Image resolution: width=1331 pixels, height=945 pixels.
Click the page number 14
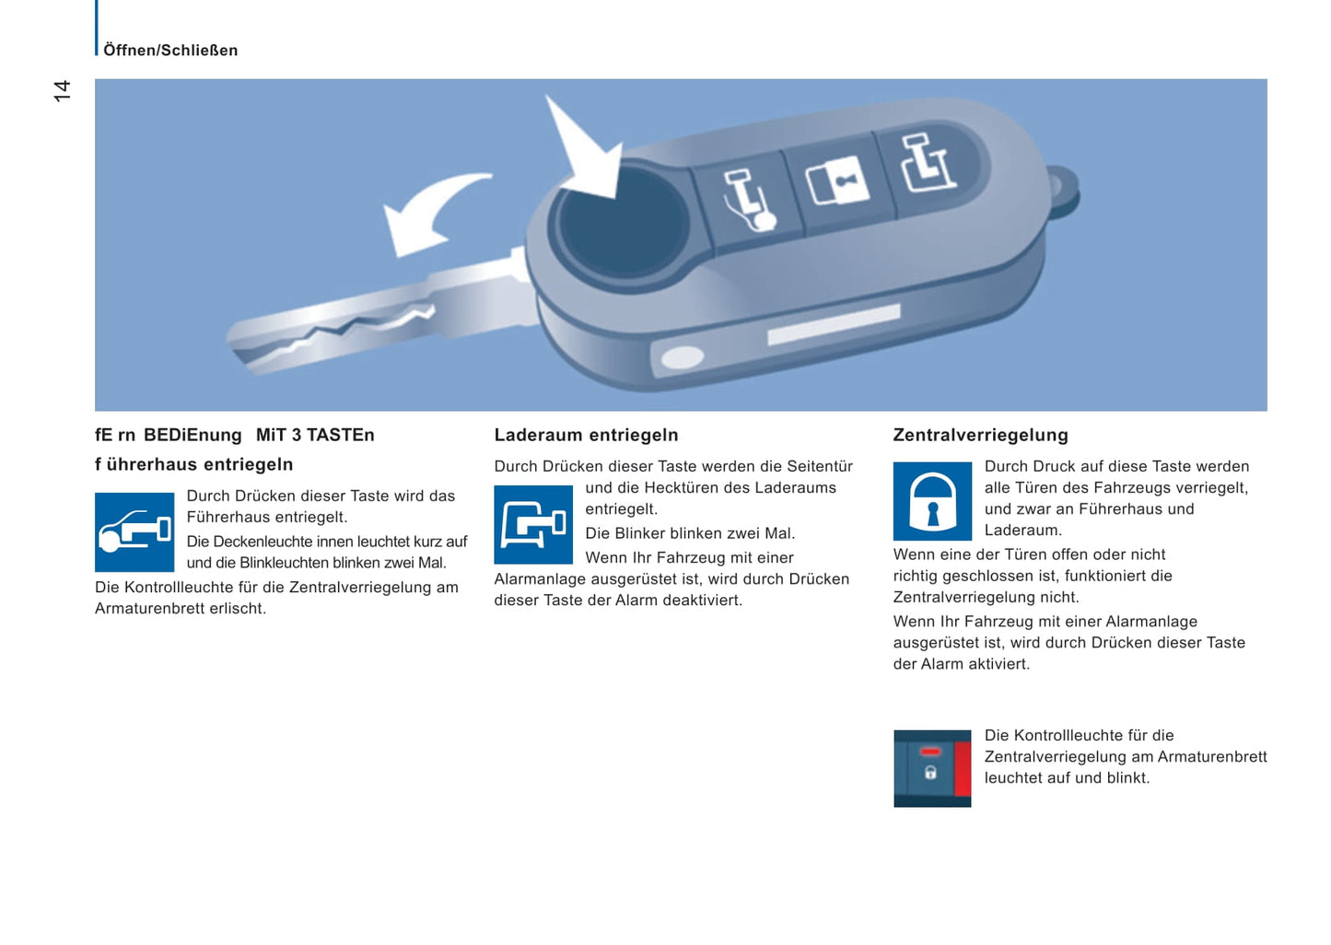click(62, 90)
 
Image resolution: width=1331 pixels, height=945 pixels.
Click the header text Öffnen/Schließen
click(170, 51)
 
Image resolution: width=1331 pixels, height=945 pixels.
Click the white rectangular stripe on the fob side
click(833, 325)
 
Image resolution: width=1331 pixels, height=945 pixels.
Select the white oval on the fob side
click(683, 357)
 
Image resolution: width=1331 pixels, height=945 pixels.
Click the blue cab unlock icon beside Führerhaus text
click(134, 532)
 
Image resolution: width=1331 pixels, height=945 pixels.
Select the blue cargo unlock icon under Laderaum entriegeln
click(533, 525)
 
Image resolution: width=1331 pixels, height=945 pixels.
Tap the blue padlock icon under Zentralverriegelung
click(932, 501)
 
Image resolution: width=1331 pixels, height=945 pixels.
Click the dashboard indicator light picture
click(932, 768)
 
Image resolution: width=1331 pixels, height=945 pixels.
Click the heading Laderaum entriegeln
click(586, 435)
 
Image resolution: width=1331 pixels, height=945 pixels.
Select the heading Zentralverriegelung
click(980, 435)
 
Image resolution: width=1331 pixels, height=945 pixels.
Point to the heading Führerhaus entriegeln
click(193, 464)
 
